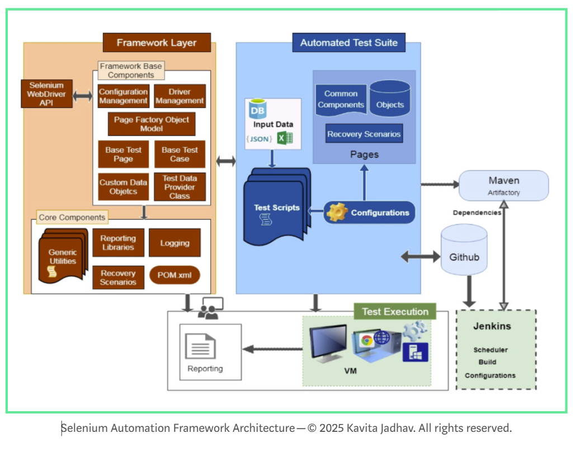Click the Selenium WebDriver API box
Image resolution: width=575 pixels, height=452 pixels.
pos(46,95)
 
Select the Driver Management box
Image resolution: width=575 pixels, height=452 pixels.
pos(180,96)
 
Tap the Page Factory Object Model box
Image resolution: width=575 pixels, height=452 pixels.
pos(152,124)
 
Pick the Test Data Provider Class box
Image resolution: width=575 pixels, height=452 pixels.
pos(180,187)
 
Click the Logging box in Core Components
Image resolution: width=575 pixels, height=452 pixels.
pos(175,243)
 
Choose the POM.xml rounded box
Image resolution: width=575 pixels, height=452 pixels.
pos(175,275)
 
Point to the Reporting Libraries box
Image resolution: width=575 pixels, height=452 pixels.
pos(118,243)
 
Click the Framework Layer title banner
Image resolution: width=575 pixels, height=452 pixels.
pos(157,43)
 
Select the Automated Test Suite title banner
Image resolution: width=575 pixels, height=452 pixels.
pos(348,43)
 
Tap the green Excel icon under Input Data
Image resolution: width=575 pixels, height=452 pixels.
pos(285,138)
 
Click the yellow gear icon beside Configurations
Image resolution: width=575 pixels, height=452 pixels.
pos(337,213)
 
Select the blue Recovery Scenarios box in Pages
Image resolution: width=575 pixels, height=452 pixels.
pos(364,134)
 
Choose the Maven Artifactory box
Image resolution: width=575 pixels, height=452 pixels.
pos(503,186)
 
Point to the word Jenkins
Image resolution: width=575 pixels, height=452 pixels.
pos(492,326)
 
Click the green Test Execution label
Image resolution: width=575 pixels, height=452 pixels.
pos(395,312)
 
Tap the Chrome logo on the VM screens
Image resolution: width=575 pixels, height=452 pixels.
pos(367,340)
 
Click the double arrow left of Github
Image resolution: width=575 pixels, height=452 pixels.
pos(421,257)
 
